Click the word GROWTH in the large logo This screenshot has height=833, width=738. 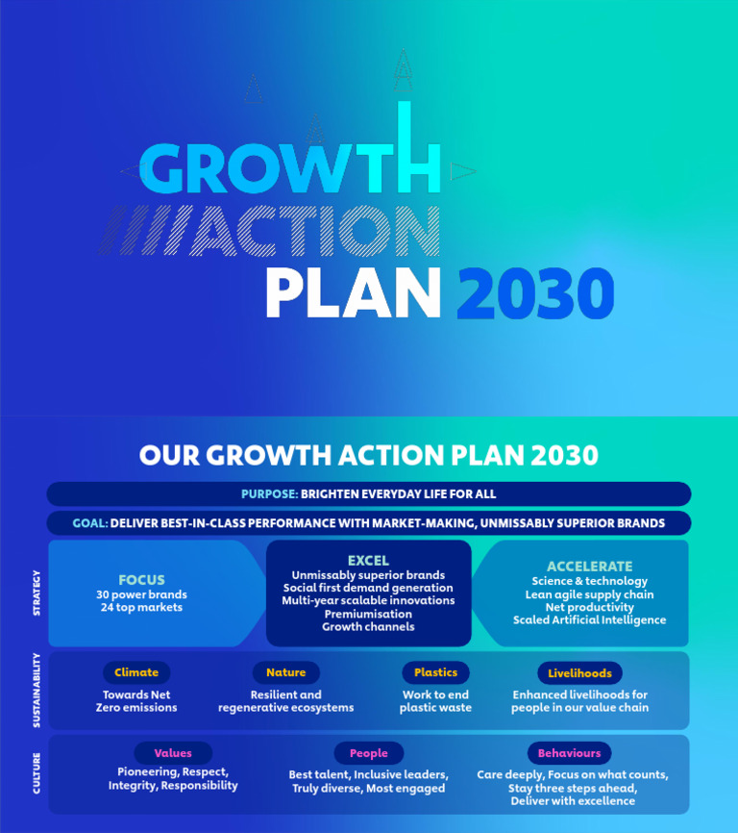coord(288,170)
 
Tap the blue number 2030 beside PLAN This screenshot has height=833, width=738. coord(534,294)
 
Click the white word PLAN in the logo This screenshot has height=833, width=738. coord(353,294)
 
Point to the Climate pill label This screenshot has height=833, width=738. coord(136,672)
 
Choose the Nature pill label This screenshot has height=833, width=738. coord(285,672)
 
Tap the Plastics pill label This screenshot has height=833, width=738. coord(435,672)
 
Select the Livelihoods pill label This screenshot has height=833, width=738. coord(579,673)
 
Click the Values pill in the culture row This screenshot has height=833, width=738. coord(173,753)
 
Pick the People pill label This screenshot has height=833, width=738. coord(368,754)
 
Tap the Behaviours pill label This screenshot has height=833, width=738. coord(569,753)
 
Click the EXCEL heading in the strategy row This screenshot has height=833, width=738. coord(368,560)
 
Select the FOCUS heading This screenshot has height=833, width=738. coord(141,580)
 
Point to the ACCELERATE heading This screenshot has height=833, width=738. coord(590,567)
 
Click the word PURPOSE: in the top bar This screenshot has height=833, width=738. coord(269,494)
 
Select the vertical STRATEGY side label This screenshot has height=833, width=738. coord(37,593)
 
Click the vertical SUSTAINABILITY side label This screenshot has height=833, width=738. coord(37,690)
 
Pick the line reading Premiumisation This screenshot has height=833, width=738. coord(368,614)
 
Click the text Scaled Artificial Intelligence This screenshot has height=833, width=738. coord(589,620)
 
